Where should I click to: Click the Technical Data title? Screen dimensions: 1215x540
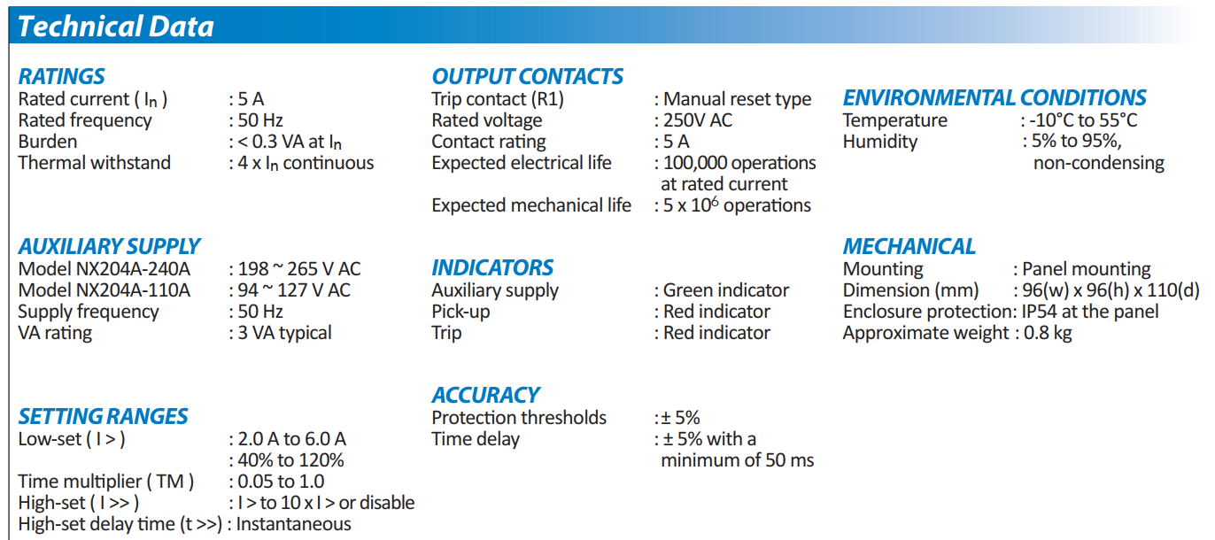pyautogui.click(x=116, y=27)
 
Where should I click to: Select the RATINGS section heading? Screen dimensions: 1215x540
pyautogui.click(x=62, y=76)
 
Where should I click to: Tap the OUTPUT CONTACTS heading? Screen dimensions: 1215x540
pyautogui.click(x=527, y=76)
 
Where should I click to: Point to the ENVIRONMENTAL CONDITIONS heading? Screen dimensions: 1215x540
pyautogui.click(x=994, y=98)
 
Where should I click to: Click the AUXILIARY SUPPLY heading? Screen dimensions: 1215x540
pyautogui.click(x=109, y=247)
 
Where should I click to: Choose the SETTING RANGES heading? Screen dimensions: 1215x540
pyautogui.click(x=103, y=416)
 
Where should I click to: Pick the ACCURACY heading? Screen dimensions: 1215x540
pyautogui.click(x=485, y=395)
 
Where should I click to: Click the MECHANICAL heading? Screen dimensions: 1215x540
pyautogui.click(x=909, y=247)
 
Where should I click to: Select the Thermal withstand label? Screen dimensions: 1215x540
pyautogui.click(x=95, y=163)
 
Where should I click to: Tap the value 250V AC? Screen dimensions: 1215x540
pyautogui.click(x=698, y=120)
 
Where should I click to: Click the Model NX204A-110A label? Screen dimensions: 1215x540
pyautogui.click(x=104, y=290)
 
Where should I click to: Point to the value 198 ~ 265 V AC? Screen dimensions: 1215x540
pyautogui.click(x=298, y=269)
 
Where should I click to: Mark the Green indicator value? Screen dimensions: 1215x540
pyautogui.click(x=726, y=290)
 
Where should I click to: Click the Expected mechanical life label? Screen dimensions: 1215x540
pyautogui.click(x=531, y=205)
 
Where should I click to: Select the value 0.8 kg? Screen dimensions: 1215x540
pyautogui.click(x=1048, y=333)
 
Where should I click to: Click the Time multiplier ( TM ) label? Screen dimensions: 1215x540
pyautogui.click(x=105, y=482)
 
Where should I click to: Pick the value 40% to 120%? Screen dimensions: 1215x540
pyautogui.click(x=290, y=460)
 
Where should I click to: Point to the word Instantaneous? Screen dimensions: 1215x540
pyautogui.click(x=293, y=524)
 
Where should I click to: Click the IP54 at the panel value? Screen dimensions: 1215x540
pyautogui.click(x=1090, y=312)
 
